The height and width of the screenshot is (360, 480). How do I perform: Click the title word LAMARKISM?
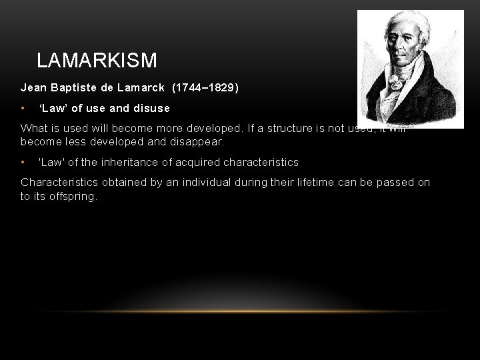(x=97, y=61)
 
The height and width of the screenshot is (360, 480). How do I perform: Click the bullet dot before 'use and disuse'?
(x=23, y=108)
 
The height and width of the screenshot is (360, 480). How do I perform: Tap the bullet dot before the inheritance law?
(x=23, y=162)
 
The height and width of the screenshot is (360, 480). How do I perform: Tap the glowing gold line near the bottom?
(x=240, y=311)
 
